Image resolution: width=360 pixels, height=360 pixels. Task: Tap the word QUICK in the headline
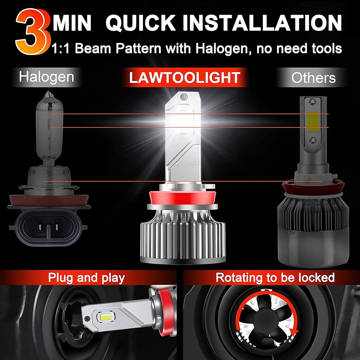pos(140,23)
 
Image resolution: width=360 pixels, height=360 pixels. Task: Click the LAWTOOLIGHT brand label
pos(185,78)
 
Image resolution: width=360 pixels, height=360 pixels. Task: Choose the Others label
pos(314,78)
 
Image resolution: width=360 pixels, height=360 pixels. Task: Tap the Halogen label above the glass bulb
pos(46,77)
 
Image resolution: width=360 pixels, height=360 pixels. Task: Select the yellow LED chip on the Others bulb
pos(312,122)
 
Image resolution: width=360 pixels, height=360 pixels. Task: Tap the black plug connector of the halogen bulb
pos(48,226)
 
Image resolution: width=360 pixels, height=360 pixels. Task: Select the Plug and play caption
pos(86,278)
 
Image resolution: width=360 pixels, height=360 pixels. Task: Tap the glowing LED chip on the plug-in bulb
pos(105,318)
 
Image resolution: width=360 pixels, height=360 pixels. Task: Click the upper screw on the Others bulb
pos(311,100)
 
